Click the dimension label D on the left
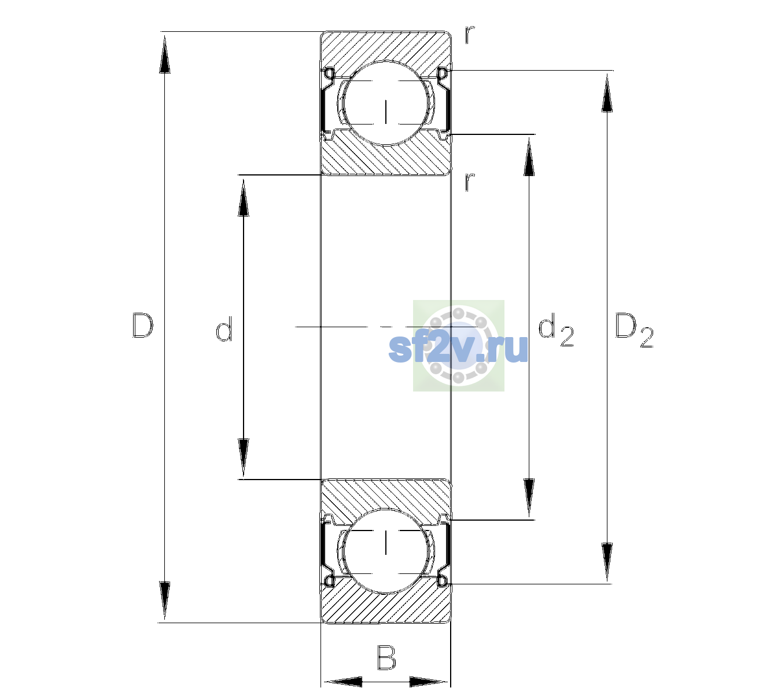pyautogui.click(x=143, y=325)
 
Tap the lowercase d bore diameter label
pyautogui.click(x=224, y=329)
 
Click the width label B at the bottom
pyautogui.click(x=386, y=657)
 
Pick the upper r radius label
pyautogui.click(x=470, y=35)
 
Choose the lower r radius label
pyautogui.click(x=470, y=182)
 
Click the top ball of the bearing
pyautogui.click(x=386, y=103)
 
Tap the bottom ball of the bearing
pyautogui.click(x=386, y=550)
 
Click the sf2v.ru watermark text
pyautogui.click(x=458, y=349)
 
